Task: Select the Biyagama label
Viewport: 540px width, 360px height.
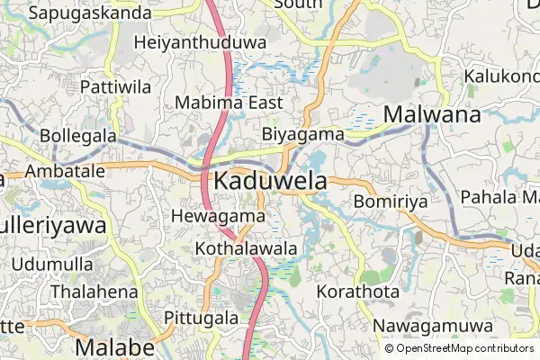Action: click(x=303, y=134)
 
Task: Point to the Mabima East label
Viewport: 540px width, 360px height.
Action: click(x=229, y=103)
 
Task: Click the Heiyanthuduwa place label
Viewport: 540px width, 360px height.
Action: click(x=200, y=42)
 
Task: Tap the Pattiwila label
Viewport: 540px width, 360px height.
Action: click(x=115, y=87)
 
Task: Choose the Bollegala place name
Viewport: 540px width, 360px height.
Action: click(x=78, y=135)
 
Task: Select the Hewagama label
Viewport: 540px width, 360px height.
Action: click(x=217, y=216)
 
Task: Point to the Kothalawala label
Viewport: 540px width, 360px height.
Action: click(x=246, y=247)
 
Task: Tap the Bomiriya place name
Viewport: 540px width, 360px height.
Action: click(x=390, y=202)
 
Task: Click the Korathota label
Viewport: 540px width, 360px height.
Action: click(x=357, y=292)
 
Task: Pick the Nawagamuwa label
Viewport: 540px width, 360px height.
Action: click(x=434, y=325)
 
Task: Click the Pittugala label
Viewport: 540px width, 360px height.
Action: click(x=202, y=318)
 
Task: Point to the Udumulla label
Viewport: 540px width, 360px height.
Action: click(x=53, y=265)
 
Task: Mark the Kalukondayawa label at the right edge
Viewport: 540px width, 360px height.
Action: click(x=501, y=76)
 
